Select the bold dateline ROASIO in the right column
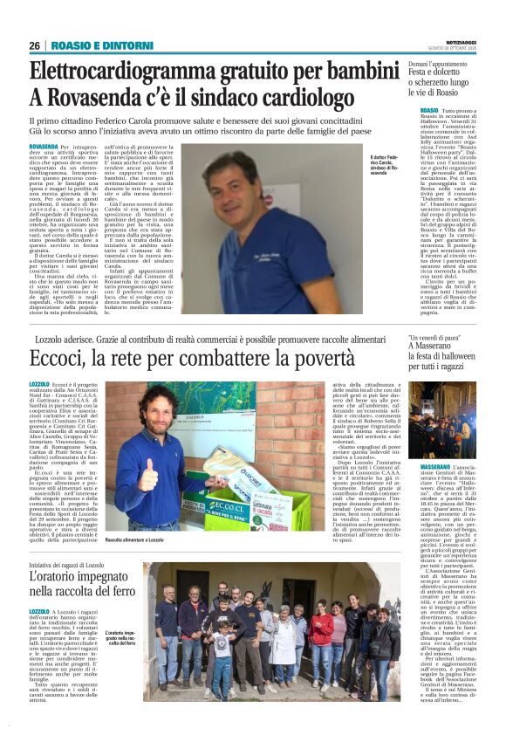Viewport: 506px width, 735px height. tap(417, 110)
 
